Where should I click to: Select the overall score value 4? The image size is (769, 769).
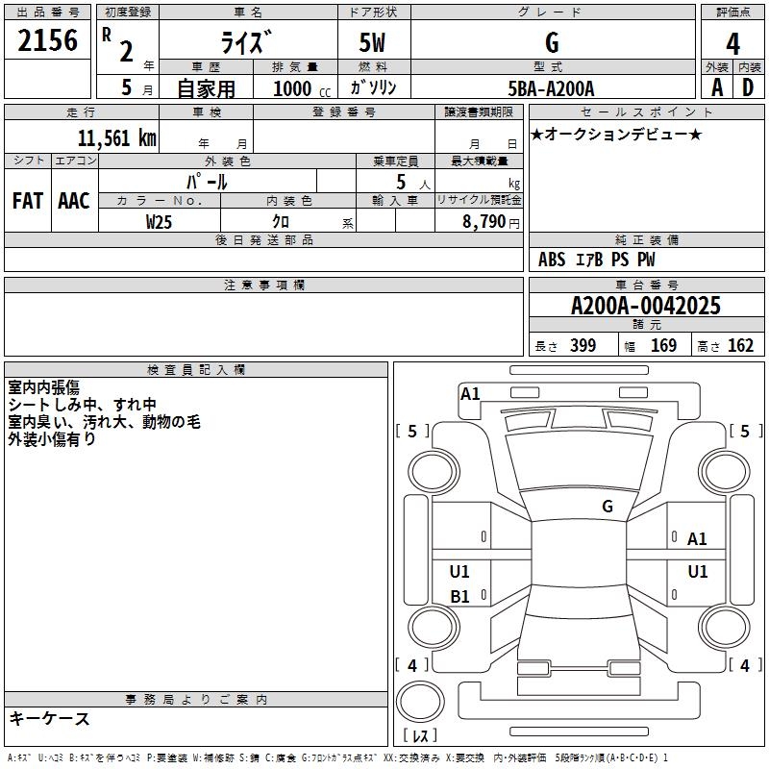pos(732,43)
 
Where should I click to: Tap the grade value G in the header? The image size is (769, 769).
pos(551,43)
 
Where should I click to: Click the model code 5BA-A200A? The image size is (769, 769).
pos(551,88)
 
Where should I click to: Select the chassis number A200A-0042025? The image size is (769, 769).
pos(645,307)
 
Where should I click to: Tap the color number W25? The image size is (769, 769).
pos(160,222)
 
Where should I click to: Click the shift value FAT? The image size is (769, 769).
pos(27,201)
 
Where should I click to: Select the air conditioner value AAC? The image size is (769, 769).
pos(73,201)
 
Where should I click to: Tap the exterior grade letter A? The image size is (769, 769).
pos(716,87)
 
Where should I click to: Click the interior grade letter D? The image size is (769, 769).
pos(748,87)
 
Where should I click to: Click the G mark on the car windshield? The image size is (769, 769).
pos(607,507)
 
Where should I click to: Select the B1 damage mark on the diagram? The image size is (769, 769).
pos(459,597)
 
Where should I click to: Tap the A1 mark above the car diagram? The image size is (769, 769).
pos(470,393)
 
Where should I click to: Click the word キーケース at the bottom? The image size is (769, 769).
pos(49,719)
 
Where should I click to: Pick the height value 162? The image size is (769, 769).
pos(740,346)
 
